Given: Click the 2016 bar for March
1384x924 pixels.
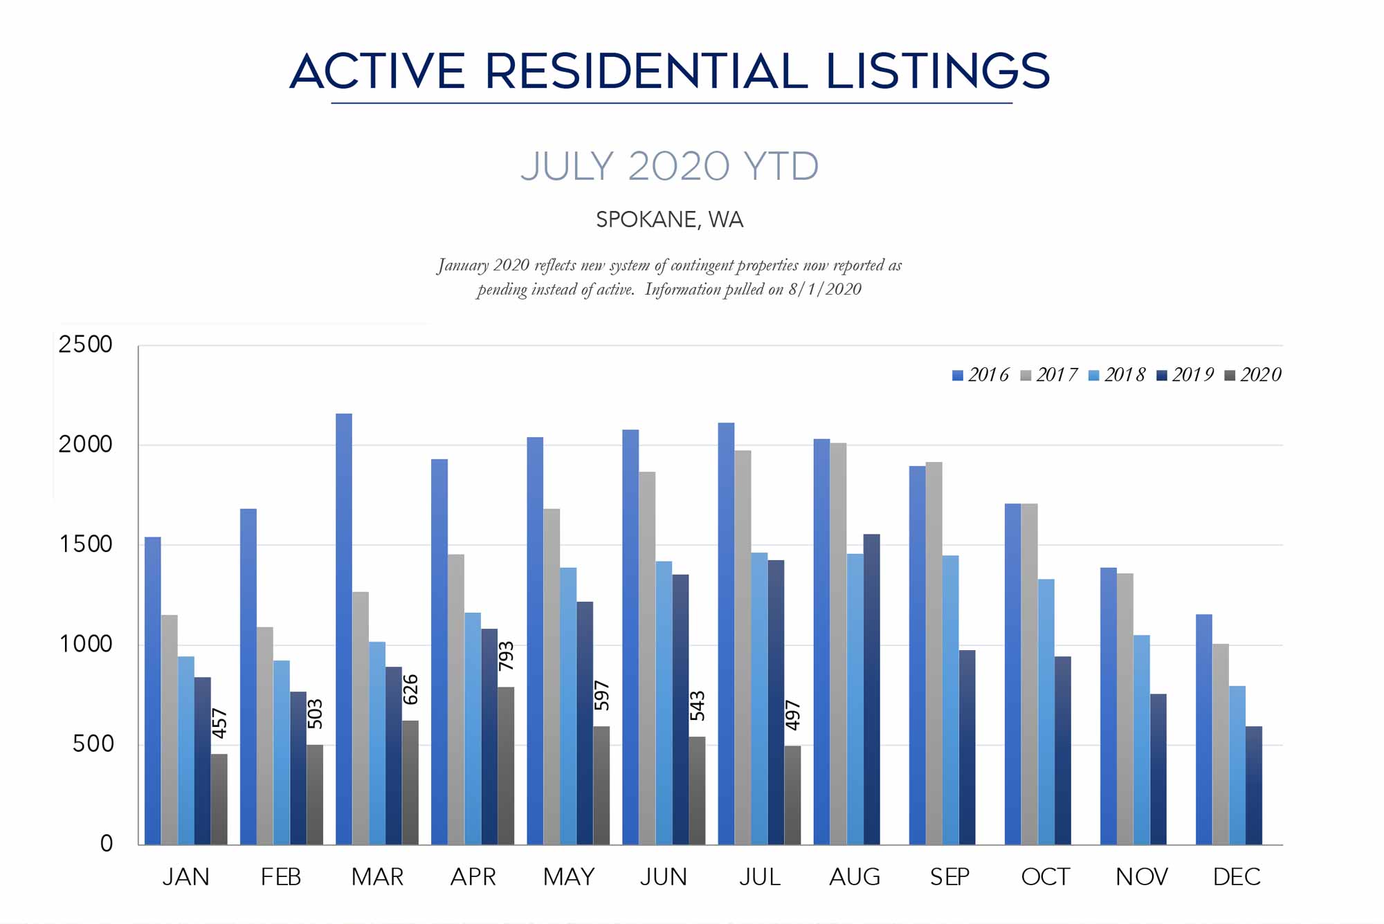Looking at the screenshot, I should coord(344,629).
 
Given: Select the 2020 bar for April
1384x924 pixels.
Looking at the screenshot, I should coord(506,766).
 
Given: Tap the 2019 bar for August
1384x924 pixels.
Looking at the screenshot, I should coord(871,689).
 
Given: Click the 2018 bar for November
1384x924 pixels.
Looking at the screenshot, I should coord(1141,740).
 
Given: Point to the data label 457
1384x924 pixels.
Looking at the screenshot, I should coord(219,723).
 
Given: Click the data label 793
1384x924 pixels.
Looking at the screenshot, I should coord(506,656).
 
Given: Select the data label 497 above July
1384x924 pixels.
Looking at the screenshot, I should coord(792,715).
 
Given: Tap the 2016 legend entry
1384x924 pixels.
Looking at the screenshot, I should coord(981,375).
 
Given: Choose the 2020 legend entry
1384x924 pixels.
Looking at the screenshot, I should coord(1253,375).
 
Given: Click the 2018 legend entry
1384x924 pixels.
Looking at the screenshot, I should coord(1117,375).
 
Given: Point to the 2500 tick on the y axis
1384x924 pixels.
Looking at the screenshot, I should coord(85,344).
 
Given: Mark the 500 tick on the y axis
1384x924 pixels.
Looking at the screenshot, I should coord(92,744).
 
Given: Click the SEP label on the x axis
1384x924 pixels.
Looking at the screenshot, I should coord(949,877).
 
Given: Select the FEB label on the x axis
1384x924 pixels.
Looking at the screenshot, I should coord(281,877).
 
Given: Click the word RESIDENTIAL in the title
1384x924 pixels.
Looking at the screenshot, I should coord(646,71).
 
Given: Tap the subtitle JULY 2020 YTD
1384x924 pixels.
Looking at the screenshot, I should coord(669,167).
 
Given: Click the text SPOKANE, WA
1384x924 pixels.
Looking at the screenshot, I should coord(669,220).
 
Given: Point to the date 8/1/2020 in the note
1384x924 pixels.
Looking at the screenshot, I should coord(825,289).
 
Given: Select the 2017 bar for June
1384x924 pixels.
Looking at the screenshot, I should coord(647,658).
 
